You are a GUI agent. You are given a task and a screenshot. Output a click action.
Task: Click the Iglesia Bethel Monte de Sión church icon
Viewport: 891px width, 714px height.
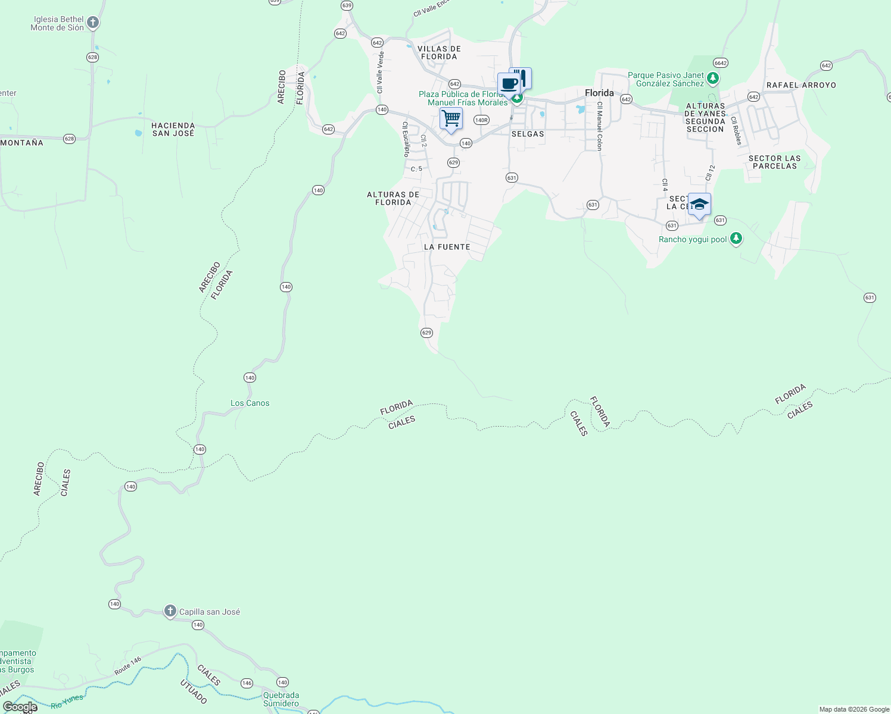[92, 23]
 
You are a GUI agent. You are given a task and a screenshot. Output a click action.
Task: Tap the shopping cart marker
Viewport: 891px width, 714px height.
[451, 119]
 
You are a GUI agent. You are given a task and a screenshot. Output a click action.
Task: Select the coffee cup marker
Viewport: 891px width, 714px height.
[508, 84]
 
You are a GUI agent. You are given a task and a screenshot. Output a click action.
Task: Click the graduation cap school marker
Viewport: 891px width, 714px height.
[699, 205]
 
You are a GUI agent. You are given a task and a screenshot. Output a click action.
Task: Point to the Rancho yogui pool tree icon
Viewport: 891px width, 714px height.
[736, 239]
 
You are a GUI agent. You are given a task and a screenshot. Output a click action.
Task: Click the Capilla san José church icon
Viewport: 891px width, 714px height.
[170, 611]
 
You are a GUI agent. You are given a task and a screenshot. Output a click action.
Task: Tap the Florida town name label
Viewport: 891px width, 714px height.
[599, 93]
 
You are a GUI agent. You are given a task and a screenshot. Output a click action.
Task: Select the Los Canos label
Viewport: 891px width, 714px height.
[250, 403]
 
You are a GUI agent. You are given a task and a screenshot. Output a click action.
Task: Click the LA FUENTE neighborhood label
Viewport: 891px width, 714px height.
[447, 247]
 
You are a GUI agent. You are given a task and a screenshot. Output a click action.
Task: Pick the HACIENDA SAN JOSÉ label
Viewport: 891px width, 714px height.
[173, 129]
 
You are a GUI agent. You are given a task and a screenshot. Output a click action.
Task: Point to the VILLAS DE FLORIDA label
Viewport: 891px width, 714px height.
[439, 52]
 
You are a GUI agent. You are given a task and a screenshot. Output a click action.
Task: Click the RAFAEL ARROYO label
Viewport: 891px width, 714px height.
[801, 85]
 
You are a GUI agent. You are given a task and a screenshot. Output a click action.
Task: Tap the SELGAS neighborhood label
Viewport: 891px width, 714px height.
[528, 134]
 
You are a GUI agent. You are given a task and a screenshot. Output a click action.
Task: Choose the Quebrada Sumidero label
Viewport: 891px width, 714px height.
[281, 699]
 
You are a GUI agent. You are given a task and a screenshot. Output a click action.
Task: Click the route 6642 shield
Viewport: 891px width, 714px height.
[721, 62]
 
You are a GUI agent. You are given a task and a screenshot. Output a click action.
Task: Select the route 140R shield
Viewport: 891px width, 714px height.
[481, 120]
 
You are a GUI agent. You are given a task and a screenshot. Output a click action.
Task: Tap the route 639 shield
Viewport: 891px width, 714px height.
[347, 5]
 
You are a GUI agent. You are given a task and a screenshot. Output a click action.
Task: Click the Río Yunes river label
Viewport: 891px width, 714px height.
[67, 702]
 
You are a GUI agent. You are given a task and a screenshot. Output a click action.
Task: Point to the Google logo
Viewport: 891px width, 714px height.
[20, 707]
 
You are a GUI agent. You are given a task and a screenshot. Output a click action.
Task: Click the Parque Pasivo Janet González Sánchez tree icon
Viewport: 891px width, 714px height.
[713, 79]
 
